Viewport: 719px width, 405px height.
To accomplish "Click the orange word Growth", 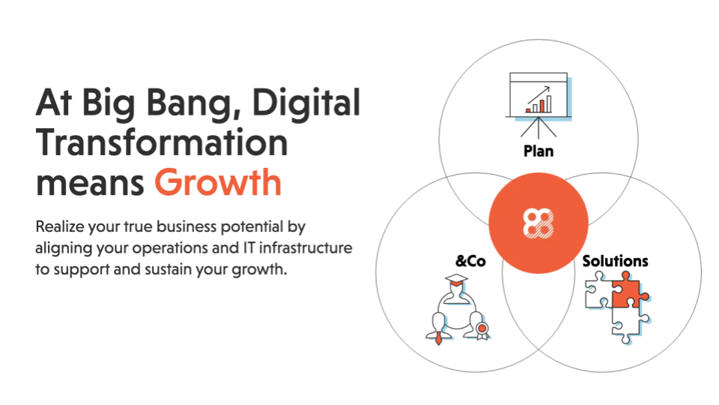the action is (218, 182).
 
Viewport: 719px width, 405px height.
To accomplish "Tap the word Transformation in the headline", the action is (162, 142).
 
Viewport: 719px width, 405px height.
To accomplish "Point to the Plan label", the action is (539, 151).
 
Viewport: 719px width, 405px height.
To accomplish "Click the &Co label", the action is (470, 261).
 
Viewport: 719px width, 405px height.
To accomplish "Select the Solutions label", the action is (615, 261).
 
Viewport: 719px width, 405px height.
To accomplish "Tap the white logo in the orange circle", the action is (539, 223).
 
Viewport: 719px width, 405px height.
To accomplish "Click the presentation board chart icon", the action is (539, 105).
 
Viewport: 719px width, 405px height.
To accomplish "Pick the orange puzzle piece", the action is (628, 292).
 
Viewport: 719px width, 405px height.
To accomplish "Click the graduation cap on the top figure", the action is (456, 280).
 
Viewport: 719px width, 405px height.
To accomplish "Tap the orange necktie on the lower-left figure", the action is (439, 337).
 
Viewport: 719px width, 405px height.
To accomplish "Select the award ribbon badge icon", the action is (482, 331).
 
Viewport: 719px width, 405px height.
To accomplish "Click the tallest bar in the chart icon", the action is (549, 103).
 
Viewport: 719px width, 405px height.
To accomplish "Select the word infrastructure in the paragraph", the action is (306, 248).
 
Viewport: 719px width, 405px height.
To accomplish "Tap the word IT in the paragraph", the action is (248, 248).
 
